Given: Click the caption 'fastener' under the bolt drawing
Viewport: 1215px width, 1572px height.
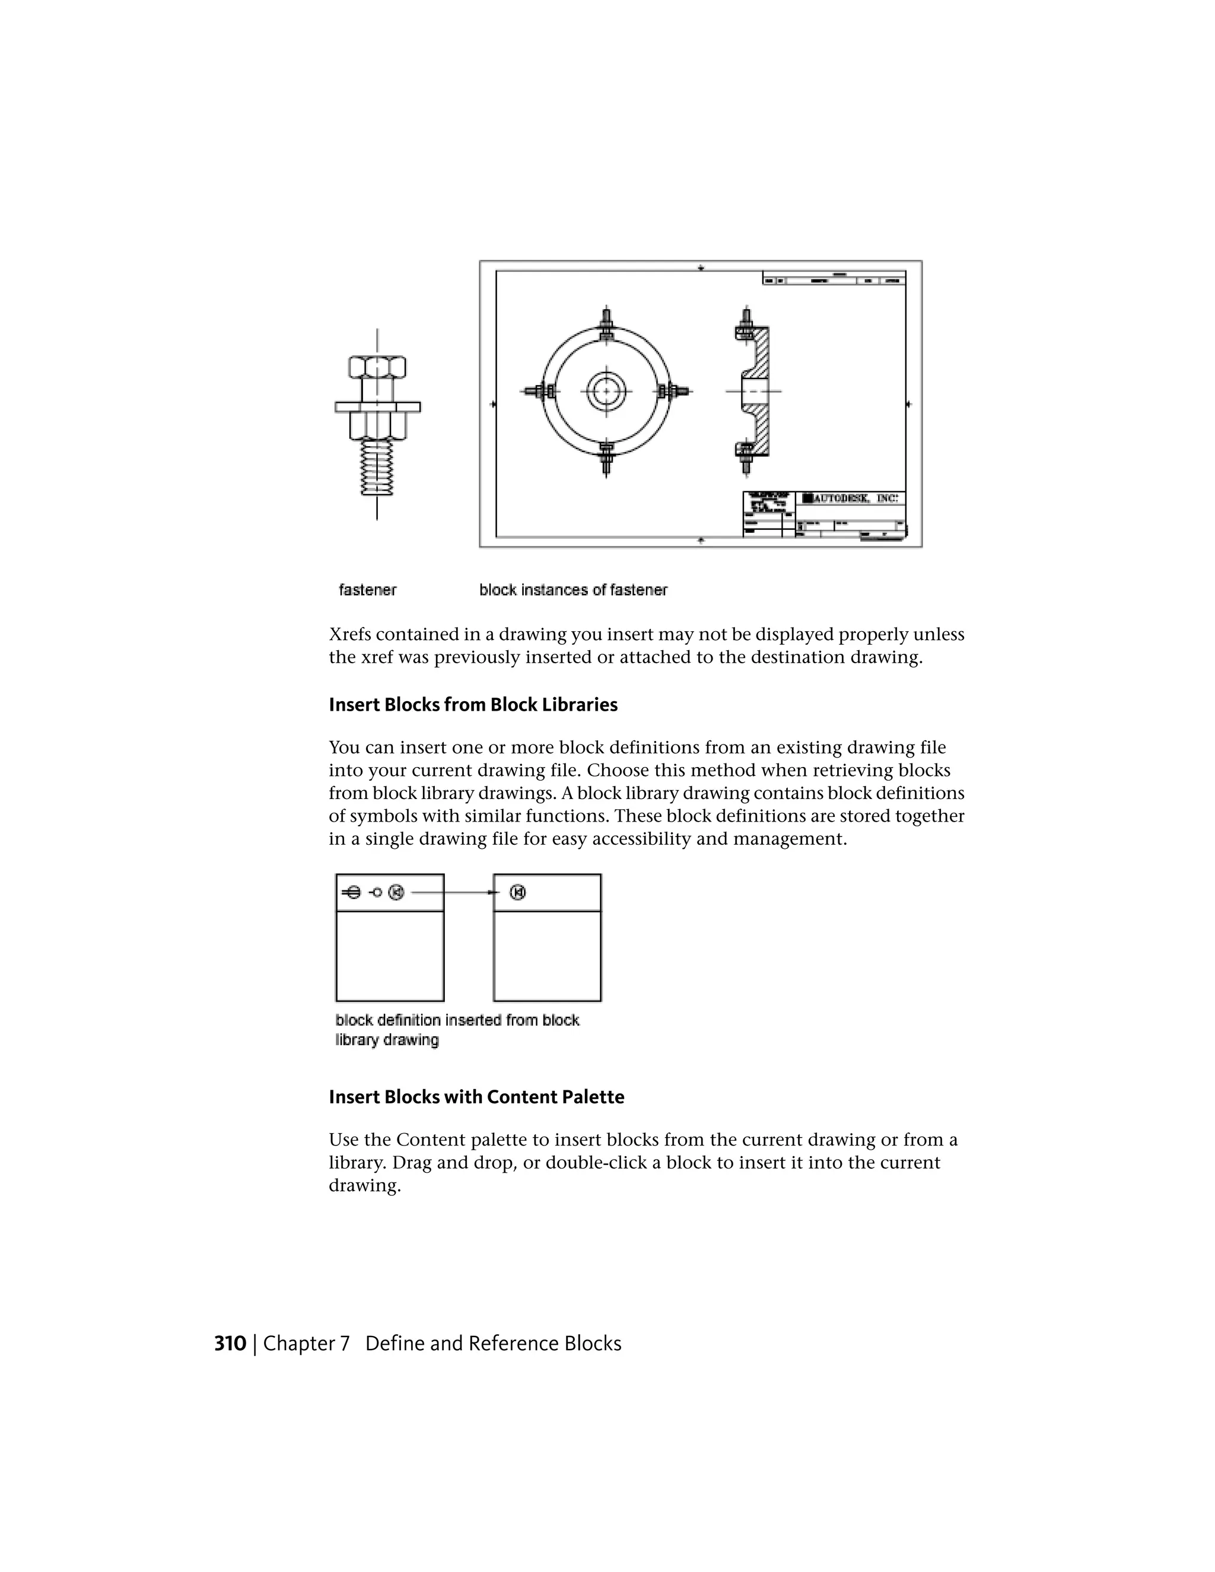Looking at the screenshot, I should (x=367, y=590).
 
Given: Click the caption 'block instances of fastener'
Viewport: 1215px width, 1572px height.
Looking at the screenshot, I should (x=573, y=590).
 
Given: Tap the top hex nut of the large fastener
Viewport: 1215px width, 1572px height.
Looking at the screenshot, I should (x=377, y=367).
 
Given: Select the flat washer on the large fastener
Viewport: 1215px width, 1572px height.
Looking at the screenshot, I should (x=377, y=408).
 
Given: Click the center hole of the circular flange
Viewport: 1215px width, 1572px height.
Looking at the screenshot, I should (x=606, y=392).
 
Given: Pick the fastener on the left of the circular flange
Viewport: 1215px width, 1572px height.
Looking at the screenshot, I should (x=539, y=392).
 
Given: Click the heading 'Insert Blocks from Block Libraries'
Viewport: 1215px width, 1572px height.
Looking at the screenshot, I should (x=473, y=705).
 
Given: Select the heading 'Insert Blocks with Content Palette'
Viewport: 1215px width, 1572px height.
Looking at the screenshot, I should (x=476, y=1097).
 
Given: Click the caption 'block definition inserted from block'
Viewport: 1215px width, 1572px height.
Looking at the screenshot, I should (x=457, y=1021).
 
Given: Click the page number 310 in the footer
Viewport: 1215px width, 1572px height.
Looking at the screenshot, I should (x=230, y=1344).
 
